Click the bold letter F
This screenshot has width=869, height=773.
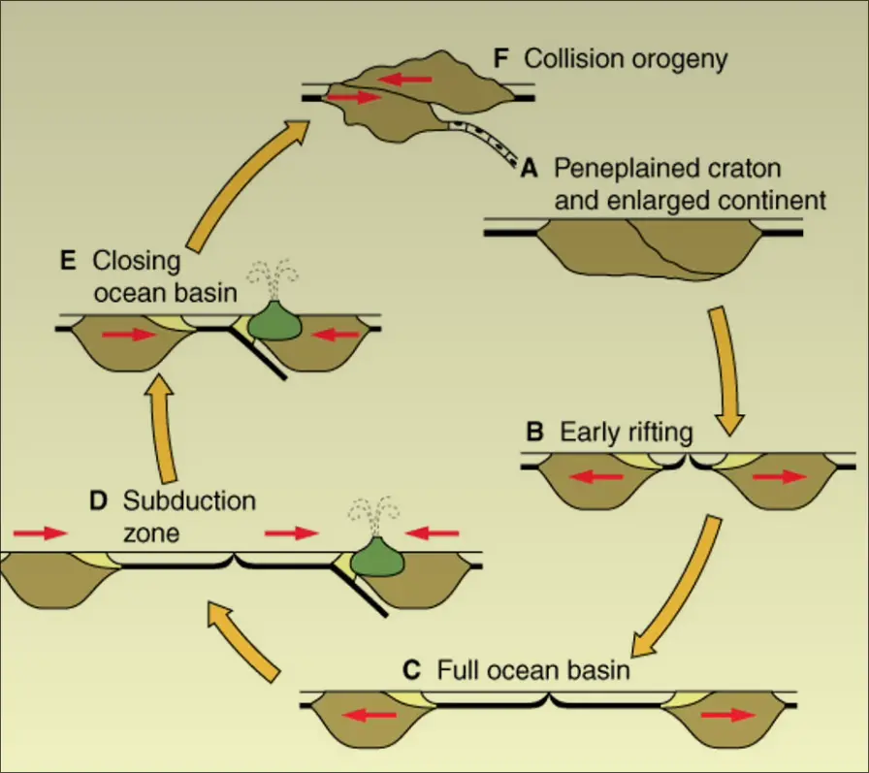(x=500, y=58)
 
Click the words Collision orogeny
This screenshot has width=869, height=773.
(x=626, y=58)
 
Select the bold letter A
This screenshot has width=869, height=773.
(x=530, y=169)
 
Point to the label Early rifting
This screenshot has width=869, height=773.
(x=627, y=433)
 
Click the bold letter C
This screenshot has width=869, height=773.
(x=411, y=669)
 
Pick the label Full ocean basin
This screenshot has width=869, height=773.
(x=533, y=669)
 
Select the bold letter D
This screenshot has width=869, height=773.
(x=97, y=501)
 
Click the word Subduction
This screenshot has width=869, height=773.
(x=189, y=501)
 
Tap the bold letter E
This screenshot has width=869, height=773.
(x=67, y=261)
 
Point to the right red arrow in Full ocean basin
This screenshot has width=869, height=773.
(x=730, y=716)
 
